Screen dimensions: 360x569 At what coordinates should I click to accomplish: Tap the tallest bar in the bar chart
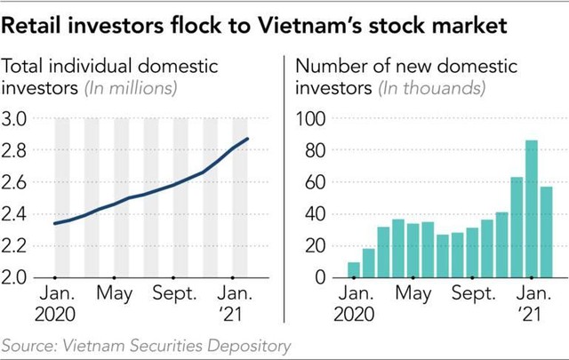[x=532, y=208]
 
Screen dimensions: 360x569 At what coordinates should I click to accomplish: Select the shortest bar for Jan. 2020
[x=354, y=269]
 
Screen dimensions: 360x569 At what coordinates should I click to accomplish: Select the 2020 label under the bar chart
[x=354, y=314]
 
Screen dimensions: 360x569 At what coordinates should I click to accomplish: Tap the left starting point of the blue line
[x=54, y=223]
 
